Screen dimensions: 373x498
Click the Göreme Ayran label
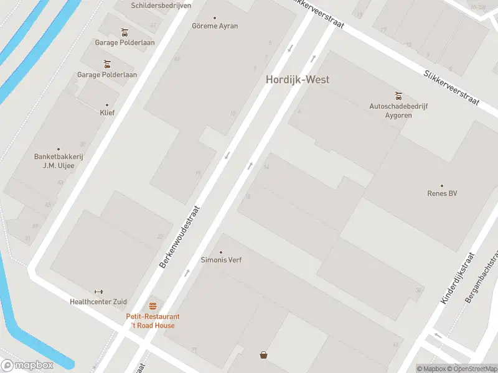pyautogui.click(x=215, y=26)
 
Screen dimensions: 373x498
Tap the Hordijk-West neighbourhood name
pyautogui.click(x=298, y=80)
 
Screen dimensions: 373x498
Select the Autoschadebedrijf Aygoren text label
pyautogui.click(x=398, y=111)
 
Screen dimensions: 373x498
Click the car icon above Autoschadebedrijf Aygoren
pyautogui.click(x=398, y=96)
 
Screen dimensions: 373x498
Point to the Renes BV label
pyautogui.click(x=442, y=193)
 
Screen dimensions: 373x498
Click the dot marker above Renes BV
pyautogui.click(x=442, y=185)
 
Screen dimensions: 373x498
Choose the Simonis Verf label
pyautogui.click(x=221, y=260)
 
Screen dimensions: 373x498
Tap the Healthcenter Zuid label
pyautogui.click(x=98, y=302)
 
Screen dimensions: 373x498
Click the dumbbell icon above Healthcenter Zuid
pyautogui.click(x=98, y=292)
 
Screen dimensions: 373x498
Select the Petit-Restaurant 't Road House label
pyautogui.click(x=153, y=321)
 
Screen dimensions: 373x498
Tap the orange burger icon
pyautogui.click(x=153, y=306)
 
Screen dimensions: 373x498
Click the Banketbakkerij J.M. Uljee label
pyautogui.click(x=59, y=161)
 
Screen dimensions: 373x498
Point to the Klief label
pyautogui.click(x=107, y=113)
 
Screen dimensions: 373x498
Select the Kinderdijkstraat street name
pyautogui.click(x=458, y=278)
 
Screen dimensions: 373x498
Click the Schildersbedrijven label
pyautogui.click(x=161, y=5)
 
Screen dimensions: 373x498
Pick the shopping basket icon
pyautogui.click(x=264, y=355)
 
